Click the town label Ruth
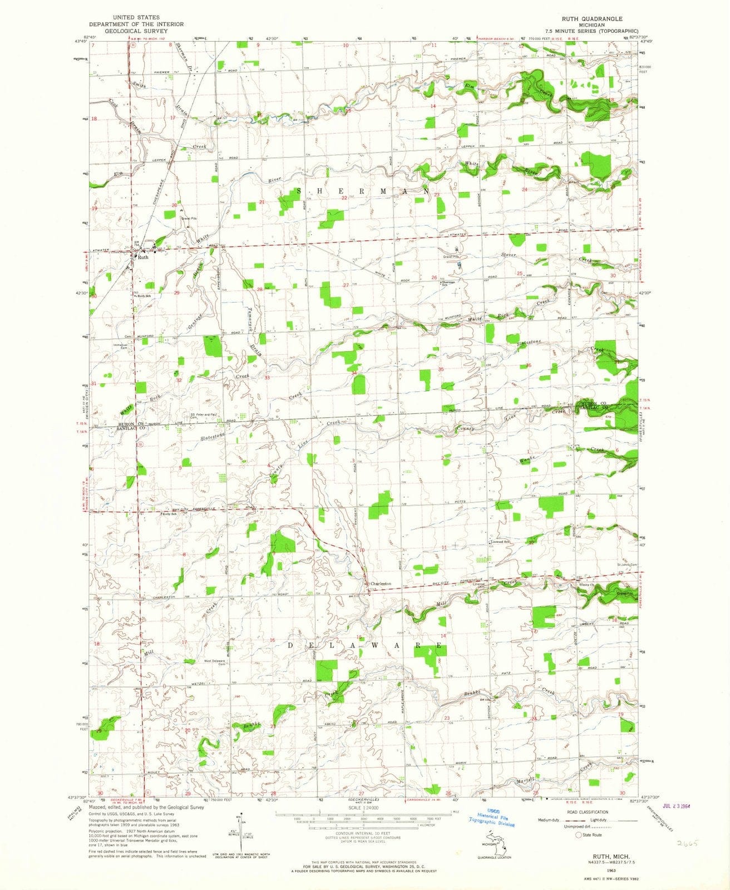(x=144, y=258)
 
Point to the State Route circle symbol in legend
(x=579, y=835)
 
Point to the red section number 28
(x=259, y=289)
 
